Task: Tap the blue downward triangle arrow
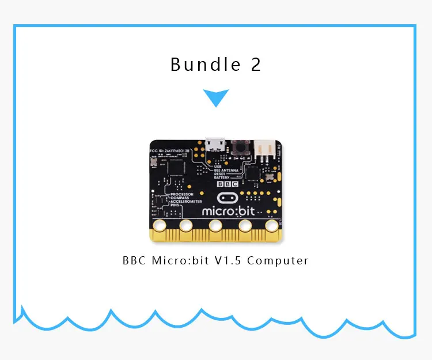click(x=216, y=97)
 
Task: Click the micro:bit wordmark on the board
click(x=228, y=211)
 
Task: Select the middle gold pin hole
click(x=216, y=225)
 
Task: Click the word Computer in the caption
click(x=282, y=260)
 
